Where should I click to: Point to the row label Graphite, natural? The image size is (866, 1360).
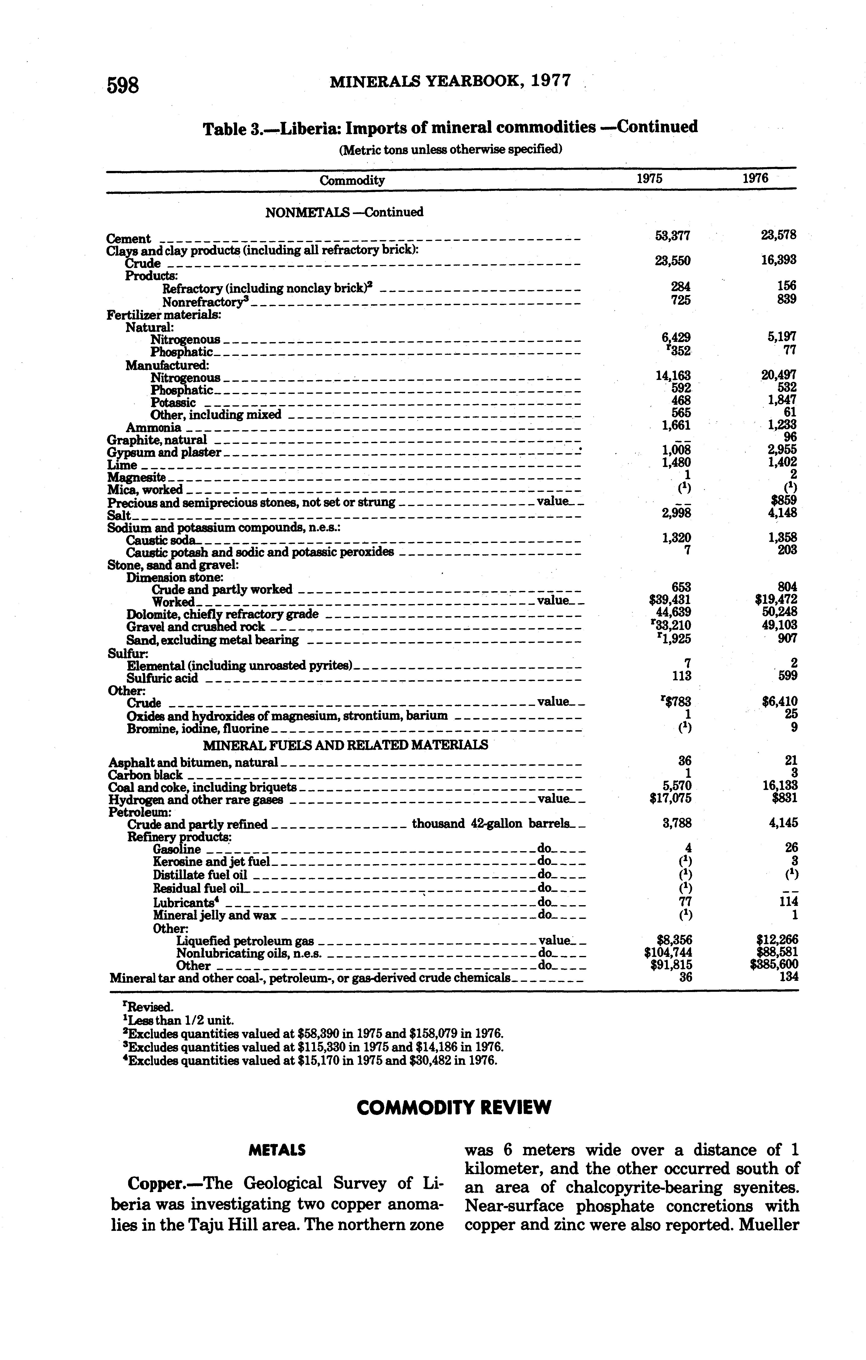[x=156, y=439]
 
